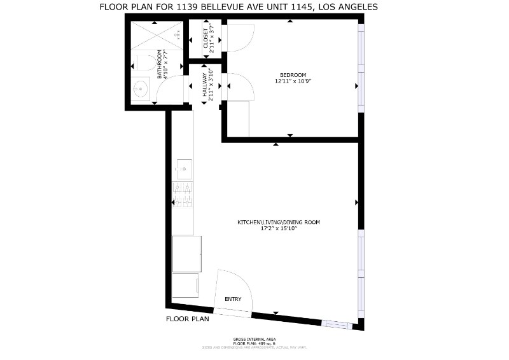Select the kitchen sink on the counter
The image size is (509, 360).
pyautogui.click(x=183, y=169)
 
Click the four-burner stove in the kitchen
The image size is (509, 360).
pyautogui.click(x=183, y=195)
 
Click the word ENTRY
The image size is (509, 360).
pyautogui.click(x=233, y=298)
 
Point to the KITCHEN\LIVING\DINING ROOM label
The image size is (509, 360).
pyautogui.click(x=279, y=222)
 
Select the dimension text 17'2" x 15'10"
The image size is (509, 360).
pyautogui.click(x=279, y=228)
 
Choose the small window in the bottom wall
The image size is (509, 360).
pyautogui.click(x=338, y=324)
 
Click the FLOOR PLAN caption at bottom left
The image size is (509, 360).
pyautogui.click(x=188, y=319)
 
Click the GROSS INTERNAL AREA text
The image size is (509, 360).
pyautogui.click(x=254, y=339)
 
